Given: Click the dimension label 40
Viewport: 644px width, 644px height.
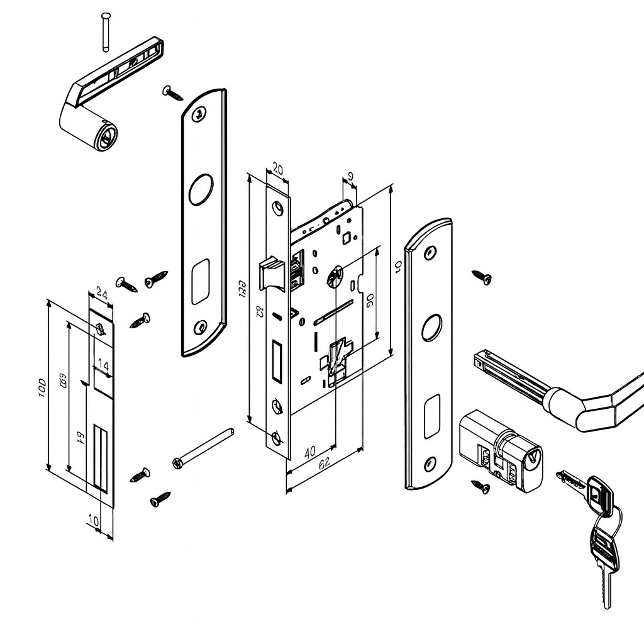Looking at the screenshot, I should pos(310,452).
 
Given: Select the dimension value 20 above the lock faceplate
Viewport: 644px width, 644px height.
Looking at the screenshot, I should pos(277,170).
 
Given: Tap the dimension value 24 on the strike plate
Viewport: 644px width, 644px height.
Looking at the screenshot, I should pos(101,292).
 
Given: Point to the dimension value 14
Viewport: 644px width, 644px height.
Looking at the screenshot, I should pos(103,365).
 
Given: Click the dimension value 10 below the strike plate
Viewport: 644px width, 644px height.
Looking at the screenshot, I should pos(93,520).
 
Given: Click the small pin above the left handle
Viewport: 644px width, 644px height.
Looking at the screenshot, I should pos(106,30).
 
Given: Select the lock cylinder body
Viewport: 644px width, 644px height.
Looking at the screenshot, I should pos(501,450).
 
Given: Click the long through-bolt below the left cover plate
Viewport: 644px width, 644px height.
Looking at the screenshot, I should pos(203,448).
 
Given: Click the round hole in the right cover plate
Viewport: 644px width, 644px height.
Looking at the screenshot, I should pos(431,328).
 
